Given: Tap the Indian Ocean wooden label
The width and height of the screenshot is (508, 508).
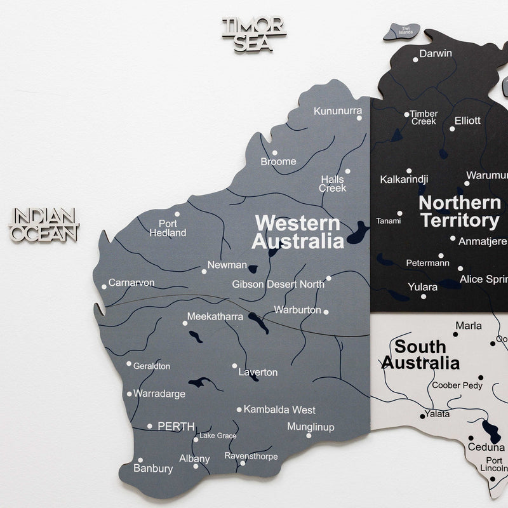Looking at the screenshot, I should click(x=44, y=225).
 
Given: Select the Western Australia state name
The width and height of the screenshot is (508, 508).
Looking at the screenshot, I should click(x=298, y=232).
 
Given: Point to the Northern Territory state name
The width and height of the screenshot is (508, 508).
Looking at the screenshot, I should click(x=460, y=212).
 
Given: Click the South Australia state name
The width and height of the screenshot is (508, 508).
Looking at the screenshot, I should click(x=420, y=355).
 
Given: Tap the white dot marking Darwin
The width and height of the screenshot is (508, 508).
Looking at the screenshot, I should click(x=415, y=60).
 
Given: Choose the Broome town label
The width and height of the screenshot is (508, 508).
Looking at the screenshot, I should click(x=278, y=161).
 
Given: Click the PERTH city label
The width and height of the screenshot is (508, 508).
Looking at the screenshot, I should click(x=176, y=427).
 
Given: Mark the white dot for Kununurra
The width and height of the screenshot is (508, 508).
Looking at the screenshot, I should click(x=359, y=117).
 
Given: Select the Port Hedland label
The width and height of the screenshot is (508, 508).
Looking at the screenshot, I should click(x=168, y=228).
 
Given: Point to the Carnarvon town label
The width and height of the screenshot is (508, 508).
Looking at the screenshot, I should click(x=131, y=283).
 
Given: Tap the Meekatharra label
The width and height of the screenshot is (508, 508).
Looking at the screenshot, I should click(x=215, y=316).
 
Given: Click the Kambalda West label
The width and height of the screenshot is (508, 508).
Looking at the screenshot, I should click(x=279, y=410).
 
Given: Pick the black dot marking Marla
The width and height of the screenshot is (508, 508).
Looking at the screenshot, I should click(x=456, y=333).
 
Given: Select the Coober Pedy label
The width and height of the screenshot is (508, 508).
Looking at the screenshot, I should click(x=457, y=385).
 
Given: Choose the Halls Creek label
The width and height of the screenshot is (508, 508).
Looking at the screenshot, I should click(x=332, y=184).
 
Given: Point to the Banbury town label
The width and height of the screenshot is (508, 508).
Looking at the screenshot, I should click(x=153, y=469).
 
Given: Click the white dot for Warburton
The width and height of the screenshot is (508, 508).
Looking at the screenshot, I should click(x=326, y=312).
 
